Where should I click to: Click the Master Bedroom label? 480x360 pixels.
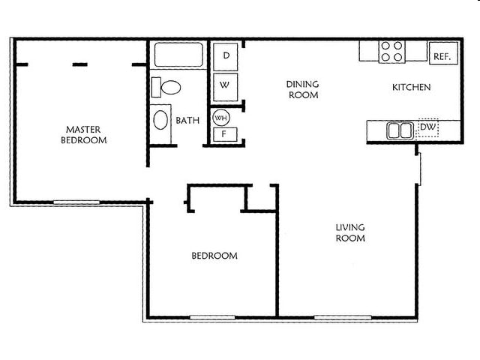pos(83,135)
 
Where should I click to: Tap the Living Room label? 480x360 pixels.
pos(350,232)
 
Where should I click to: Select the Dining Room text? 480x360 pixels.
pos(303,89)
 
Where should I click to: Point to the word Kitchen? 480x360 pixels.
pos(412,87)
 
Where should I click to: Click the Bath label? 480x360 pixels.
pos(187,120)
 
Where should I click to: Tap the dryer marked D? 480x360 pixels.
pos(226,57)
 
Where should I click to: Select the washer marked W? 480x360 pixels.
pos(225,87)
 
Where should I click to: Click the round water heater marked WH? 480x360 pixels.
pos(221,118)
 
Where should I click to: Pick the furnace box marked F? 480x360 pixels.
pos(225,134)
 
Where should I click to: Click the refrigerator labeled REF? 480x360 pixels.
pos(443,53)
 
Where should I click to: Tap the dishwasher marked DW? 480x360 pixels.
pos(428,127)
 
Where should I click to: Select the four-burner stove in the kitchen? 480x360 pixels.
pos(391,52)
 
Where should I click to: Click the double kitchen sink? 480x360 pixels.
pos(400,130)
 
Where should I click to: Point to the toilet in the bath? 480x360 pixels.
pos(166,88)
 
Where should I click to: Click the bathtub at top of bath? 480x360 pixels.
pos(178,55)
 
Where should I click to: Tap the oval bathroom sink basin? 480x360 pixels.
pos(160,120)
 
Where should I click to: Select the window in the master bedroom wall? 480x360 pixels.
pos(76,202)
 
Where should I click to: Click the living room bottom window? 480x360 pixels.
pos(343,317)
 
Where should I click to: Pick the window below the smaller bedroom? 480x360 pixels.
pos(212,317)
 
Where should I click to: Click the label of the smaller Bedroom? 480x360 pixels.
pos(214,256)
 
